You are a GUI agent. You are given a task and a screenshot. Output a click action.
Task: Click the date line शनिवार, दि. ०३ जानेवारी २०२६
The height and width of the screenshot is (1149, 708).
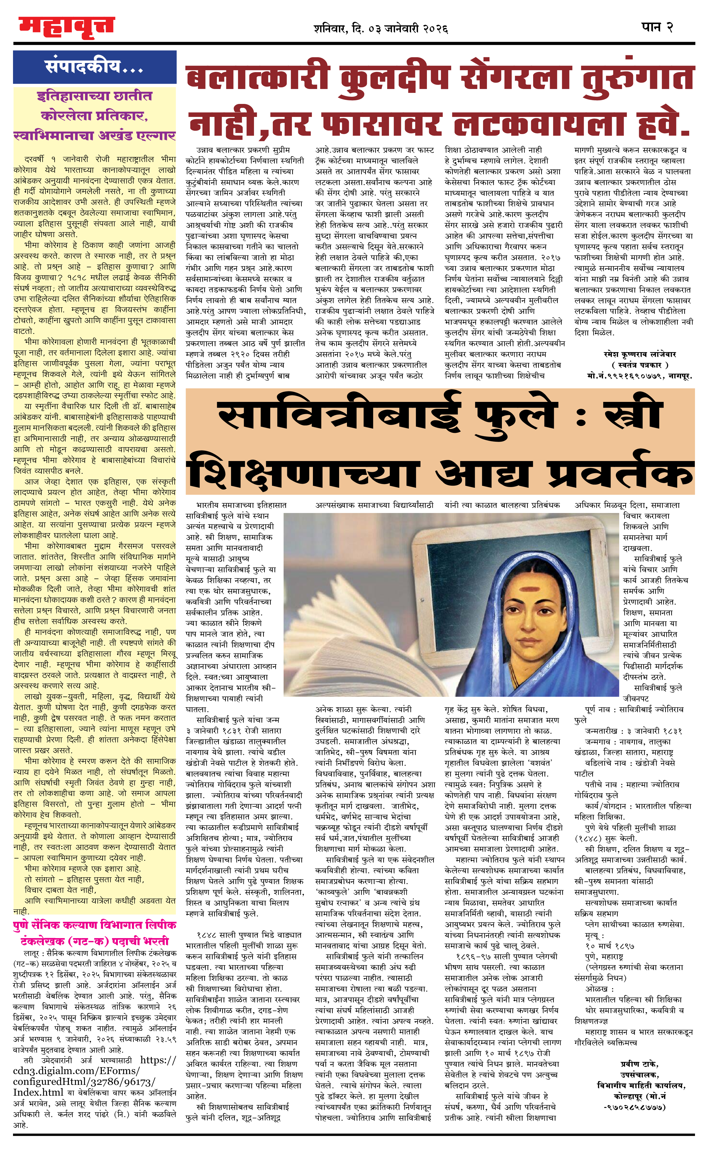(x=381, y=29)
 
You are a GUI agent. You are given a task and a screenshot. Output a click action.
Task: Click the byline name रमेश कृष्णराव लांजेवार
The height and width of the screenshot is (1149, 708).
(x=640, y=354)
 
